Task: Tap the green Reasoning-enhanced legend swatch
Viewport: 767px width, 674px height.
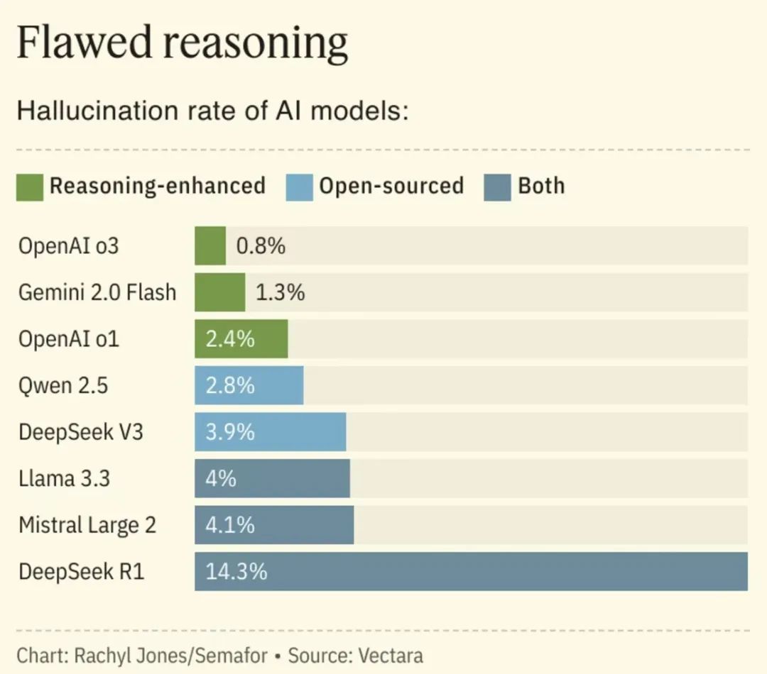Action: click(x=30, y=187)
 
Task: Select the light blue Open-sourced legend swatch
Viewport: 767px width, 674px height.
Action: click(x=299, y=187)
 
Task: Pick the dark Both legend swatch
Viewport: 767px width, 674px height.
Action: click(x=497, y=187)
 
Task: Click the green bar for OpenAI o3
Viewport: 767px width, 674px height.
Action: click(x=210, y=246)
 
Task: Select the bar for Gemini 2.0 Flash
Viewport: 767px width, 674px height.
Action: click(x=220, y=292)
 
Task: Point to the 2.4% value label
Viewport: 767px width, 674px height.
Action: click(x=230, y=339)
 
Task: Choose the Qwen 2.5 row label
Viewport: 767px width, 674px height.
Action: click(x=63, y=386)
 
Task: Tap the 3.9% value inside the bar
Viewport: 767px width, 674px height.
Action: click(x=230, y=432)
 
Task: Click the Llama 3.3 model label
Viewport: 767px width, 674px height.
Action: click(x=65, y=478)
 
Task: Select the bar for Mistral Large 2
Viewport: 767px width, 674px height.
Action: click(x=274, y=525)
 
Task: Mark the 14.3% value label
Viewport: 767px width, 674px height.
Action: click(x=236, y=571)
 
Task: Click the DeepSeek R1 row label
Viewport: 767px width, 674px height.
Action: click(x=82, y=571)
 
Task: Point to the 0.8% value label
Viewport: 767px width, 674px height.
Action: click(x=261, y=246)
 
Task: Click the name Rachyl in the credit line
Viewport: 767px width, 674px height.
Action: click(x=97, y=655)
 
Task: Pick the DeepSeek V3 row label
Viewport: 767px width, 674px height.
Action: click(x=81, y=432)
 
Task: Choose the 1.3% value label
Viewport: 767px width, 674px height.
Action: click(x=280, y=292)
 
